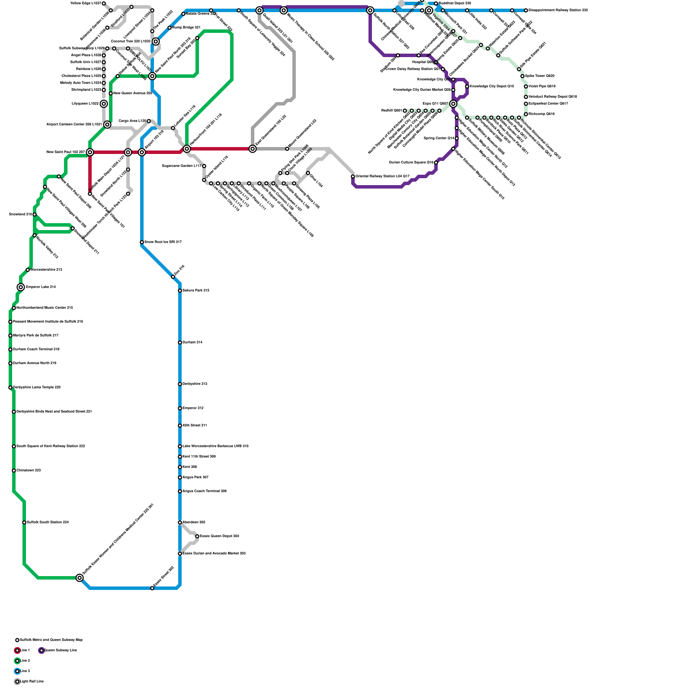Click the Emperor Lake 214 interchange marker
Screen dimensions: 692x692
click(21, 287)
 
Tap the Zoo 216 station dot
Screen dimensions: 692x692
click(173, 277)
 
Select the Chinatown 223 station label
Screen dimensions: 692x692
click(29, 470)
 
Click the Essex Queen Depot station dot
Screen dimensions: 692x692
click(197, 536)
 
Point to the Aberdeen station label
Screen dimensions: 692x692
click(194, 522)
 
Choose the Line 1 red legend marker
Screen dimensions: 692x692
click(17, 650)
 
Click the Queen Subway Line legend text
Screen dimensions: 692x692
click(61, 650)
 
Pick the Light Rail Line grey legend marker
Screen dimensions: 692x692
click(17, 682)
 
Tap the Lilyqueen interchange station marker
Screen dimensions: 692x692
click(104, 104)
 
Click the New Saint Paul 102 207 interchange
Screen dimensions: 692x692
click(90, 152)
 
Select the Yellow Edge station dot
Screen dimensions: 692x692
click(104, 3)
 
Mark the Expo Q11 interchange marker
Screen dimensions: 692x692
click(453, 104)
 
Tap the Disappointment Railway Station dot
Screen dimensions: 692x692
click(526, 10)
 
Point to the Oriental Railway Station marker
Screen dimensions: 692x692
click(353, 176)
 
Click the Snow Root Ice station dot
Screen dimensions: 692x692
click(142, 242)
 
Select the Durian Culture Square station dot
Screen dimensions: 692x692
click(436, 163)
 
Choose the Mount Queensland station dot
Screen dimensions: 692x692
click(287, 149)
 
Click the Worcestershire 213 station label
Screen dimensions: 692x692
click(46, 269)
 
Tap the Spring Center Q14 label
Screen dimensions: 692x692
click(439, 138)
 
